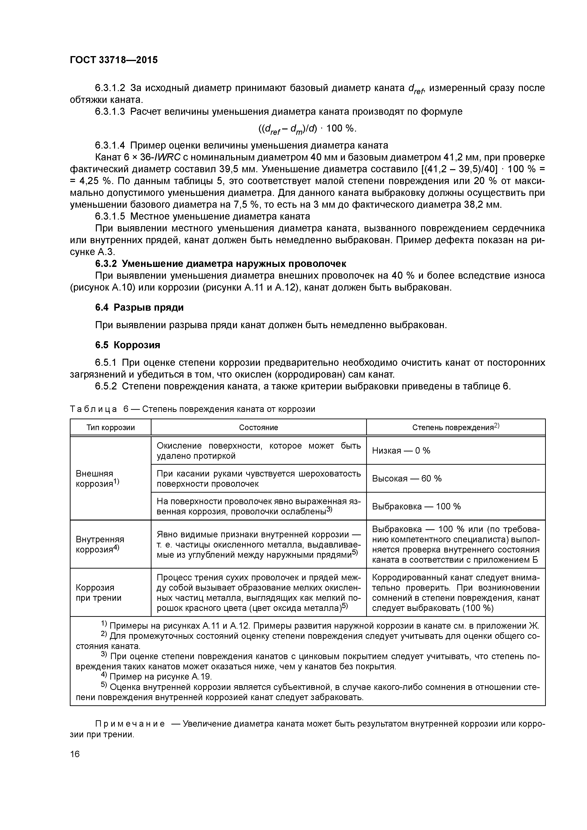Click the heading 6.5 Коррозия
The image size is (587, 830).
click(x=128, y=345)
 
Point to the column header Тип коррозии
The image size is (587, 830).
click(x=111, y=427)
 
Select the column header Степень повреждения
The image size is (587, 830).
click(x=455, y=427)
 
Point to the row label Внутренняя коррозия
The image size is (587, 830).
click(x=99, y=544)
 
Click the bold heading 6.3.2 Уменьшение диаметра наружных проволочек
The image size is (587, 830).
click(x=221, y=264)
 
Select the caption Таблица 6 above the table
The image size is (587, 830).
click(x=192, y=409)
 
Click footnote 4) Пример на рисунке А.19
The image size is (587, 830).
click(x=156, y=676)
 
